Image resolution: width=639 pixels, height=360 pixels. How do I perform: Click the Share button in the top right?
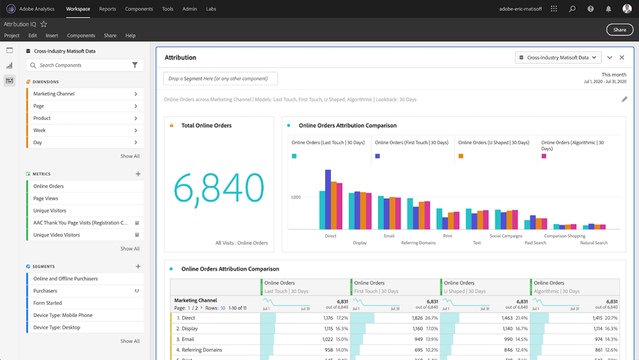pos(620,30)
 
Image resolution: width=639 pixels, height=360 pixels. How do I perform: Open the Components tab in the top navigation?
pos(138,9)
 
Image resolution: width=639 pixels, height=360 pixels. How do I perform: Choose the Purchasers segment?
pos(45,291)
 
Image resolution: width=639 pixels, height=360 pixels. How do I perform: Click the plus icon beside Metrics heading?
pos(138,174)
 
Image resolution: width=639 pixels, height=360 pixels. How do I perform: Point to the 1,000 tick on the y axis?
pos(295,197)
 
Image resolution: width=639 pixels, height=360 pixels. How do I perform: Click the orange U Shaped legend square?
pos(461,156)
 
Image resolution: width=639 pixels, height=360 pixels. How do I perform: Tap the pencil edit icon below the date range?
pos(624,99)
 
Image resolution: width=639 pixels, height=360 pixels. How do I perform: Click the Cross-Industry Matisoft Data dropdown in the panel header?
pos(558,57)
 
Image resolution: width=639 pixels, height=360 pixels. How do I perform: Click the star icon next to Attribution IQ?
pos(44,25)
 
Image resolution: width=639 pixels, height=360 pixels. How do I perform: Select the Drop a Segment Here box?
pos(220,78)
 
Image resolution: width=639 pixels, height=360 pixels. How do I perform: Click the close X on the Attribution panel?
pos(622,57)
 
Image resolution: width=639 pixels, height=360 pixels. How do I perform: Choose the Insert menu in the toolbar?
pos(51,36)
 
